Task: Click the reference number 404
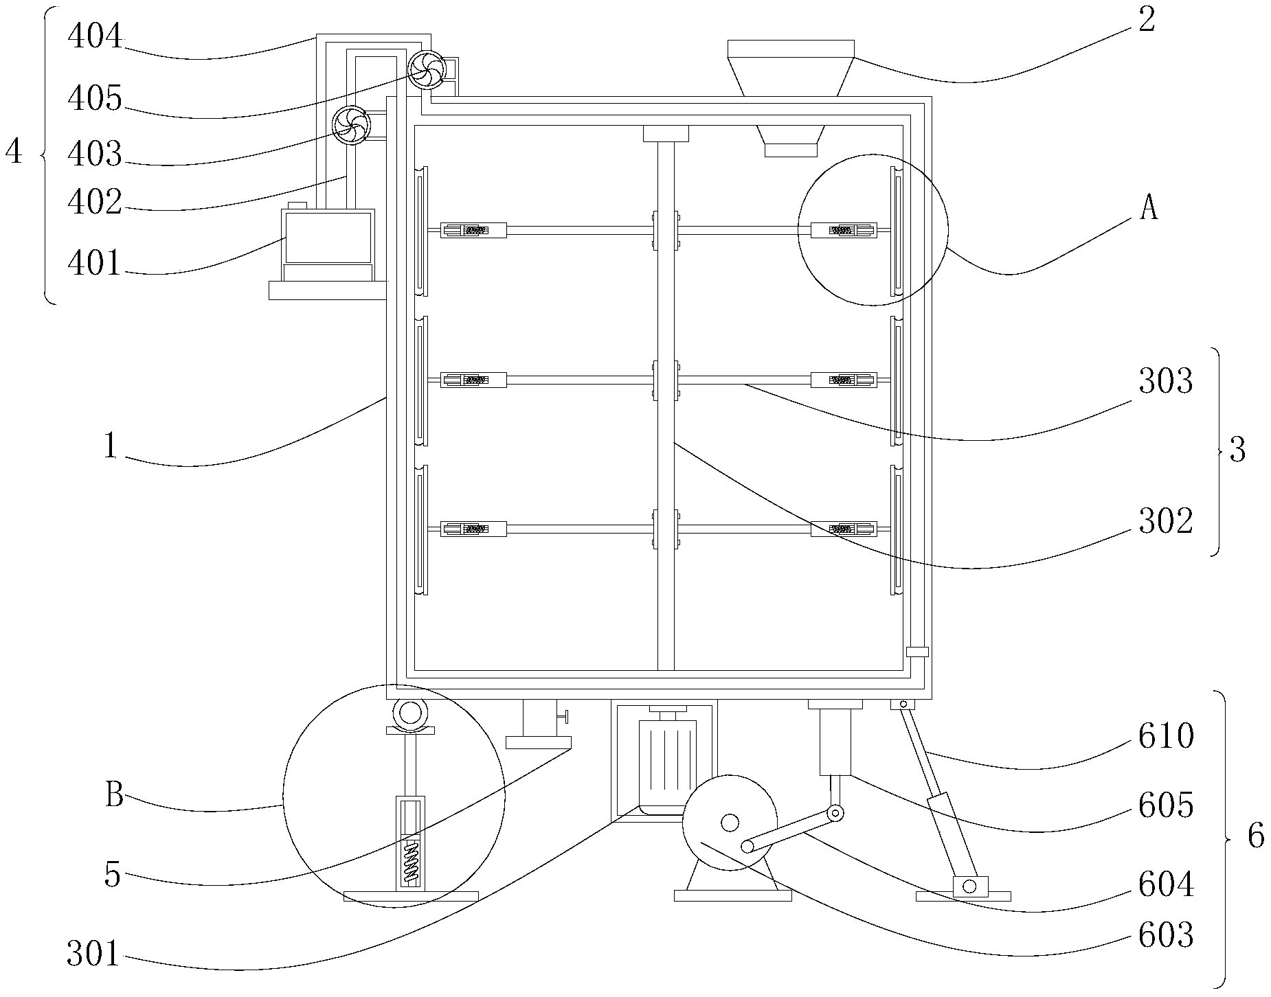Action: [x=95, y=37]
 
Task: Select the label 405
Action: [x=95, y=99]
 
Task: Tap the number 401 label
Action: [x=95, y=264]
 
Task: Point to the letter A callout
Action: [x=1149, y=208]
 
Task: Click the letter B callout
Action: [x=114, y=797]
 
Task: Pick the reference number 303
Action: [x=1165, y=382]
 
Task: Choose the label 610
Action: [x=1166, y=737]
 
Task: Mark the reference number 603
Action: [x=1166, y=936]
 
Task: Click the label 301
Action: [x=94, y=954]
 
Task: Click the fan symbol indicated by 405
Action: [x=427, y=70]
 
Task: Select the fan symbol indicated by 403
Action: [x=351, y=125]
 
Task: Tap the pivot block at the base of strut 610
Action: [x=969, y=886]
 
